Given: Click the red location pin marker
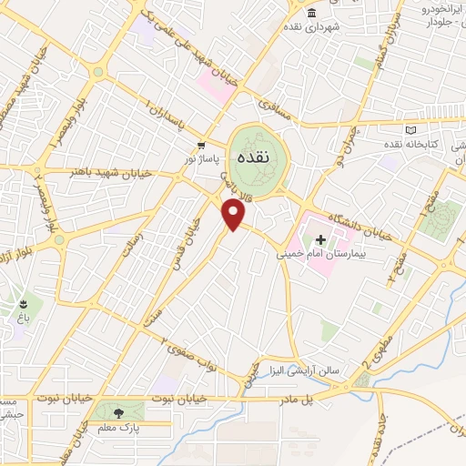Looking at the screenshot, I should point(234,215).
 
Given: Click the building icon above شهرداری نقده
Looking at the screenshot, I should point(312,13).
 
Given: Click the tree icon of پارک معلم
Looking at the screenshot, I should point(119,412).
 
